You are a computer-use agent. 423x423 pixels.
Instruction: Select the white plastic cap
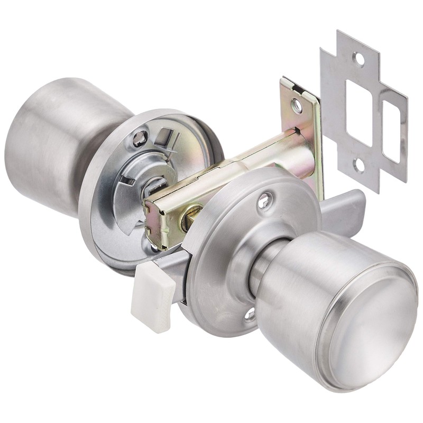[153, 296]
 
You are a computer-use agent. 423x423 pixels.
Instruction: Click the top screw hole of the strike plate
[359, 59]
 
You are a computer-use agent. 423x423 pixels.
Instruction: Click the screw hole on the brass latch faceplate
[297, 106]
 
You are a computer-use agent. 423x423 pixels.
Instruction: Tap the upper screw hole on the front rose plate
[264, 201]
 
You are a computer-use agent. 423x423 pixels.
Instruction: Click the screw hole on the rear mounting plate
[140, 139]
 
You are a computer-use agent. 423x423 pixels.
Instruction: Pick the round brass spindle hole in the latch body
[189, 218]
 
